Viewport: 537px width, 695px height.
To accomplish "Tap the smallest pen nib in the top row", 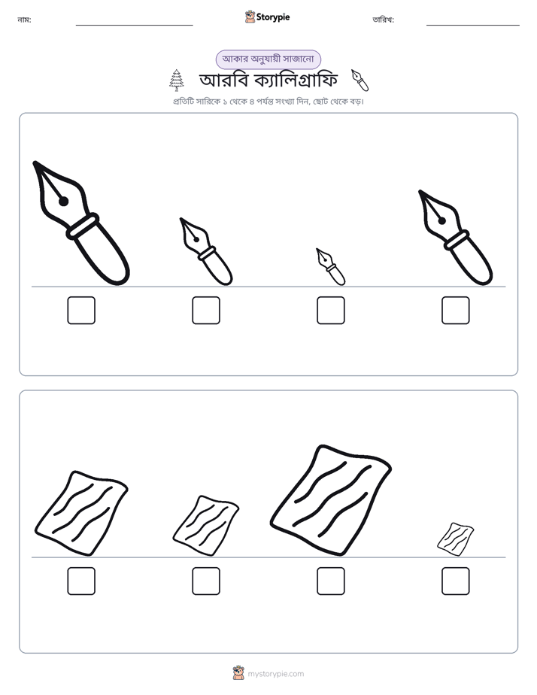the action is pyautogui.click(x=331, y=267).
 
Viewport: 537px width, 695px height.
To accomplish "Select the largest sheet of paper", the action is pyautogui.click(x=330, y=500).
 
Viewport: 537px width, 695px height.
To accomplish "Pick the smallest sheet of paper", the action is pyautogui.click(x=456, y=539).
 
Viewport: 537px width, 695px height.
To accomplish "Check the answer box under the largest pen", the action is pyautogui.click(x=81, y=310).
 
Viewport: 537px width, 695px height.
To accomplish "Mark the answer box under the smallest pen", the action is pyautogui.click(x=331, y=310).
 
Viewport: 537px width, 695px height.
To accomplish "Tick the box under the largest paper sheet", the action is pyautogui.click(x=331, y=581).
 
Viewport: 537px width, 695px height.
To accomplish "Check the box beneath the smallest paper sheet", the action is pyautogui.click(x=456, y=581).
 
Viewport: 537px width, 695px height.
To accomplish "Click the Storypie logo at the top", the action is pyautogui.click(x=267, y=17).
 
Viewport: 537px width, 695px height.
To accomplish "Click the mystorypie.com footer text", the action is pyautogui.click(x=275, y=674).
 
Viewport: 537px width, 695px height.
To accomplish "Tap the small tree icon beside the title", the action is pyautogui.click(x=176, y=80).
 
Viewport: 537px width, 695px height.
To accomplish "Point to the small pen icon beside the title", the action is pyautogui.click(x=360, y=80).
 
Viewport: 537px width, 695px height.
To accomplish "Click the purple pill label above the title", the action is pyautogui.click(x=268, y=59).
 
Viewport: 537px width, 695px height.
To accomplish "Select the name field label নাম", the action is pyautogui.click(x=24, y=20).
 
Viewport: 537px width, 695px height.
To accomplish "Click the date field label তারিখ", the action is pyautogui.click(x=384, y=20).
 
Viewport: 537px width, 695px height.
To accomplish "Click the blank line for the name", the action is pyautogui.click(x=134, y=26).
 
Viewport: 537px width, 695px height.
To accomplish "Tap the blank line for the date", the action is pyautogui.click(x=473, y=26).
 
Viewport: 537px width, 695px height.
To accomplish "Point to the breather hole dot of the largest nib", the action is pyautogui.click(x=63, y=202).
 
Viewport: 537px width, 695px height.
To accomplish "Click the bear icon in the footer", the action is pyautogui.click(x=238, y=673).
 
